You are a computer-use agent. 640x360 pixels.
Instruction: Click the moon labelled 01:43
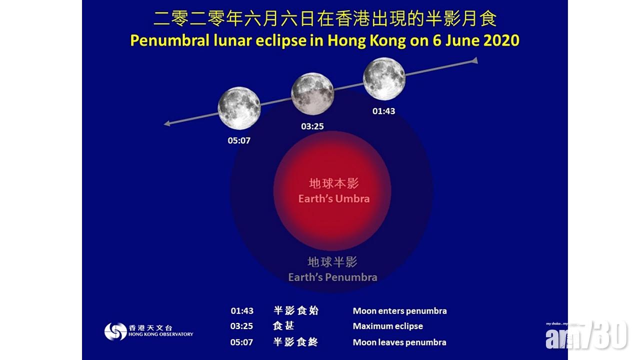(384, 79)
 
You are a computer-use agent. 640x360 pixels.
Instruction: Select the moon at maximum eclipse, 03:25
(312, 93)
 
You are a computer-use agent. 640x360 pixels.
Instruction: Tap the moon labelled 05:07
(239, 108)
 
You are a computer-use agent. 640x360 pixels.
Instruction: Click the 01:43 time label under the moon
(383, 111)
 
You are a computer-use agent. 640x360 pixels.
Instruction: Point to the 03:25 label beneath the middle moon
(312, 126)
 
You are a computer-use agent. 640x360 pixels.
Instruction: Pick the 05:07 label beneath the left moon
(239, 140)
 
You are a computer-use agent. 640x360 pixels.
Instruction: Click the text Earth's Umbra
(333, 198)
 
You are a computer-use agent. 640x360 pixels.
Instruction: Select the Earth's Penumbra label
(332, 277)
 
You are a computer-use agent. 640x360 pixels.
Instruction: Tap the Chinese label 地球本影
(333, 183)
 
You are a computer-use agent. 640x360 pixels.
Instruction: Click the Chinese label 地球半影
(332, 262)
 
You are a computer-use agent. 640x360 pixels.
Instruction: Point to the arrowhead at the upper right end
(475, 60)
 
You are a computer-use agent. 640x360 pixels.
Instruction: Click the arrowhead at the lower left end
(167, 123)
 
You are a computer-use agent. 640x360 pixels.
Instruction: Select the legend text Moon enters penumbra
(399, 311)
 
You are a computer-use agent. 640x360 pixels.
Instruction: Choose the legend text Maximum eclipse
(387, 326)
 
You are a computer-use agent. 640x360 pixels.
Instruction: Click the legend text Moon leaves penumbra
(399, 342)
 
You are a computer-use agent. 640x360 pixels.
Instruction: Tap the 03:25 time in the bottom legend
(241, 326)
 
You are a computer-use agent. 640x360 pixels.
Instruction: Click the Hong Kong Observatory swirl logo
(115, 331)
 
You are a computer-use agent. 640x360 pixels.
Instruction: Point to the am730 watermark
(586, 335)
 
